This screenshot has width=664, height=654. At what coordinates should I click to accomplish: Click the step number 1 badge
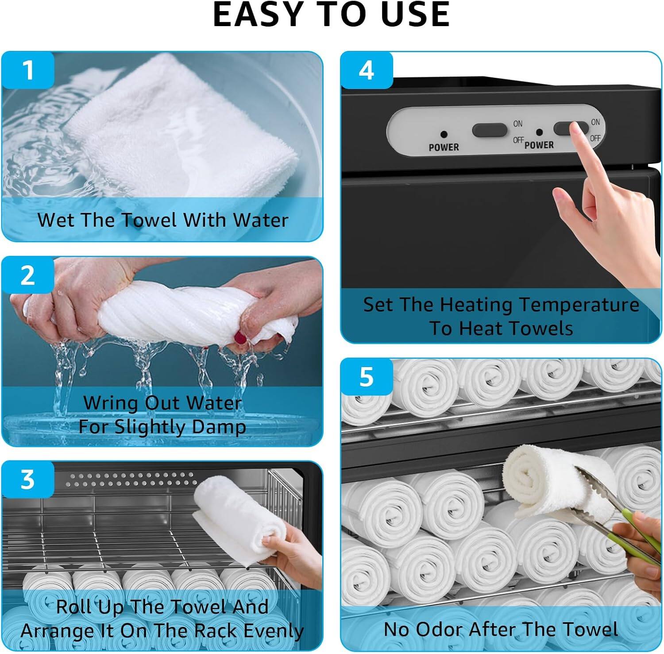pos(27,70)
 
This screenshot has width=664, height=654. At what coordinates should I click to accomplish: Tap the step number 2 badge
pos(27,275)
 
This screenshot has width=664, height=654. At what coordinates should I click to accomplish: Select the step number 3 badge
pos(27,479)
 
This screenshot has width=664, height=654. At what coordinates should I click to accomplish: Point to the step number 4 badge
pos(366,70)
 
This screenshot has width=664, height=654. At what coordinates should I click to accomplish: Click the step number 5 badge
pos(366,377)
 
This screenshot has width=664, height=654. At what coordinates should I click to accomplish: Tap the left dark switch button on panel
pos(489,130)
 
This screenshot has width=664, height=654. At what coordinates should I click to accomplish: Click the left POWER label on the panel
pos(444,147)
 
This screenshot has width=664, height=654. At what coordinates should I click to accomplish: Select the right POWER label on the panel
pos(539,145)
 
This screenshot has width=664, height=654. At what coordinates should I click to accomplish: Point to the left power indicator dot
pos(444,134)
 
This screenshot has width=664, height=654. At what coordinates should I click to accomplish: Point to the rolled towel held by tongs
pos(544,483)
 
